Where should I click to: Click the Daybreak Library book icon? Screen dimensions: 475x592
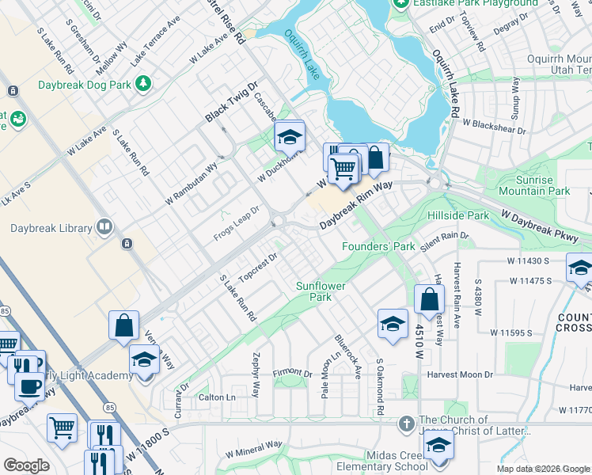pyautogui.click(x=104, y=228)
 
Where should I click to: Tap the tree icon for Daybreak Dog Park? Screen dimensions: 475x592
pyautogui.click(x=143, y=82)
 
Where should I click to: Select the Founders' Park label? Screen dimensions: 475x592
pyautogui.click(x=378, y=246)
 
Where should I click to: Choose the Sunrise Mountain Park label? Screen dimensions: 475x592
pyautogui.click(x=533, y=185)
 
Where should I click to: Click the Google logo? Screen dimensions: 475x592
pyautogui.click(x=26, y=465)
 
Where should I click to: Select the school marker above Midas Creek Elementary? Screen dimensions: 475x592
pyautogui.click(x=438, y=444)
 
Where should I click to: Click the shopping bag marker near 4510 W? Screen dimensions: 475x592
pyautogui.click(x=429, y=300)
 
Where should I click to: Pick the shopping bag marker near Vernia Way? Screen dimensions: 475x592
pyautogui.click(x=125, y=325)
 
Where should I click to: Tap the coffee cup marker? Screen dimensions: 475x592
pyautogui.click(x=30, y=386)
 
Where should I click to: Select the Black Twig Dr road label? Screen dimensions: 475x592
pyautogui.click(x=232, y=103)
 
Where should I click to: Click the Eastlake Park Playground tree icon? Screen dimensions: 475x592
pyautogui.click(x=401, y=3)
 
